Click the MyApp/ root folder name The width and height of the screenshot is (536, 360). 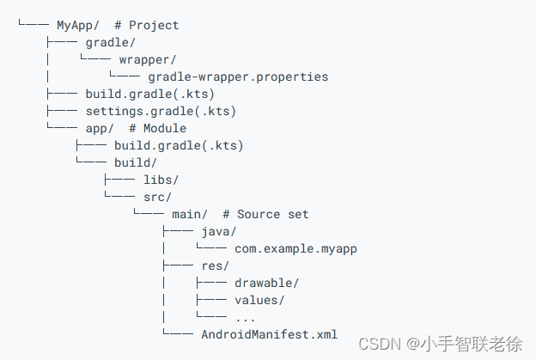78,26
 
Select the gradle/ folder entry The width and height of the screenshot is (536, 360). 110,43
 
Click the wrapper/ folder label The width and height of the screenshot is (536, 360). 147,60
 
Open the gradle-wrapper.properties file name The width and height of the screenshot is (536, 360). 238,77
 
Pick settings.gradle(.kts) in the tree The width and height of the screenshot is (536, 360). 161,112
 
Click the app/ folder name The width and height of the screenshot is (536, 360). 100,129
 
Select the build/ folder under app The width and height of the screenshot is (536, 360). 135,163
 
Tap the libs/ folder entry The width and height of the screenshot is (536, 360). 161,180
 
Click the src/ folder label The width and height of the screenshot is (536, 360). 157,198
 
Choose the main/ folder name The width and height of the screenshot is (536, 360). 189,214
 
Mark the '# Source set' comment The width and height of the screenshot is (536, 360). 265,214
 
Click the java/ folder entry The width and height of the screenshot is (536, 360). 218,232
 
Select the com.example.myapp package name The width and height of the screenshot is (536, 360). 295,249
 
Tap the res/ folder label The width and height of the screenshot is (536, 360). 215,266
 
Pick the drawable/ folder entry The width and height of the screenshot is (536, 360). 266,284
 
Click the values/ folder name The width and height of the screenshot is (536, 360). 259,301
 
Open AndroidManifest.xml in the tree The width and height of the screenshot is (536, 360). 269,335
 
